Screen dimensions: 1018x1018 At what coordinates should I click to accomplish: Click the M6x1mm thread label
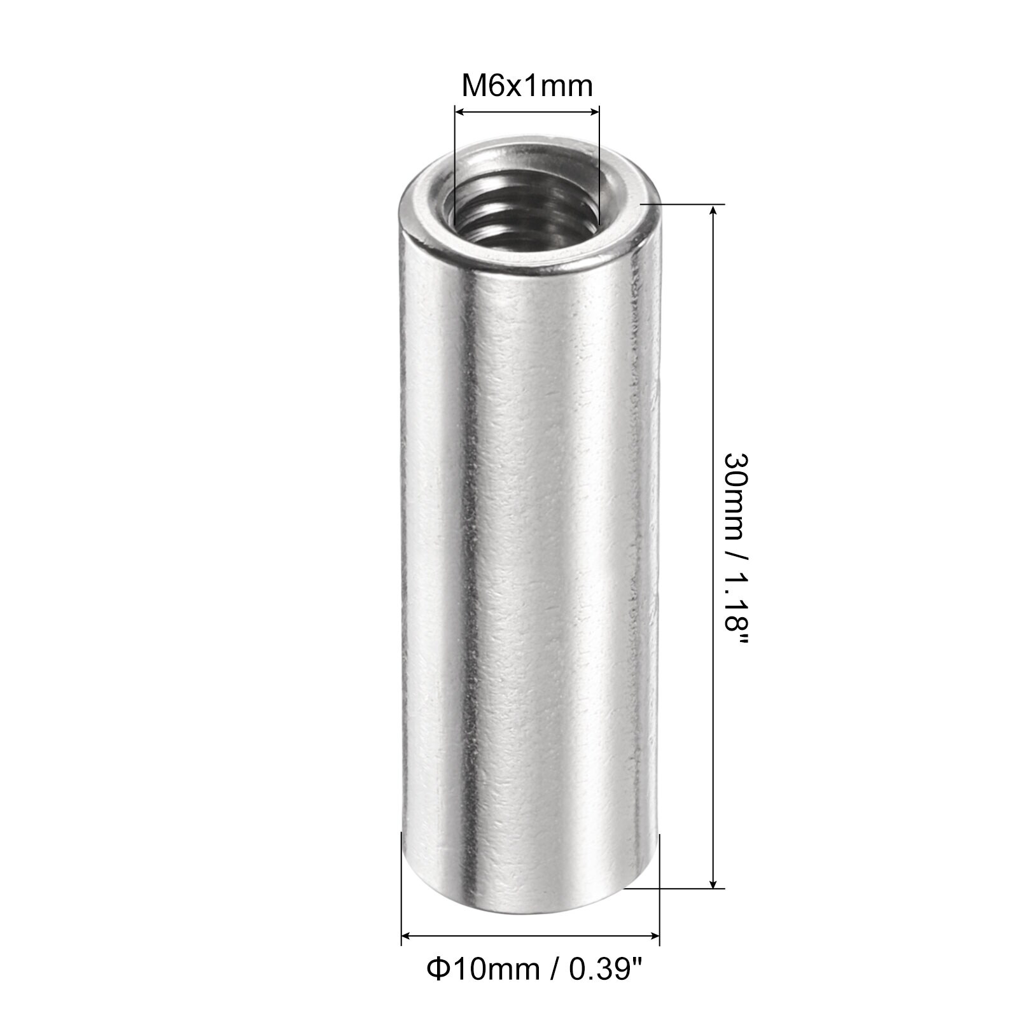(527, 86)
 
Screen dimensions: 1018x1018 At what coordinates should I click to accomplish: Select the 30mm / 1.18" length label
(737, 552)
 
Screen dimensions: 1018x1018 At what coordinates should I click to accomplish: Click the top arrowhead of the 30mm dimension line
(714, 212)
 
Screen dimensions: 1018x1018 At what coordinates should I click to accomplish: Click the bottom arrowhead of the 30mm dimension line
(714, 881)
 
